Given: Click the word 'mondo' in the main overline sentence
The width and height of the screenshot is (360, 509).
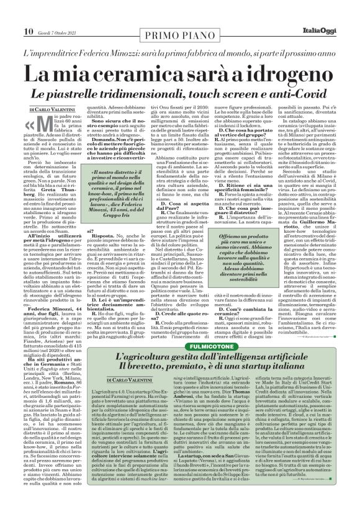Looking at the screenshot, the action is [x=225, y=38].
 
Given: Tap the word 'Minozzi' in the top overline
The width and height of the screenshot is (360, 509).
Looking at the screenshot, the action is [x=113, y=38].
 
